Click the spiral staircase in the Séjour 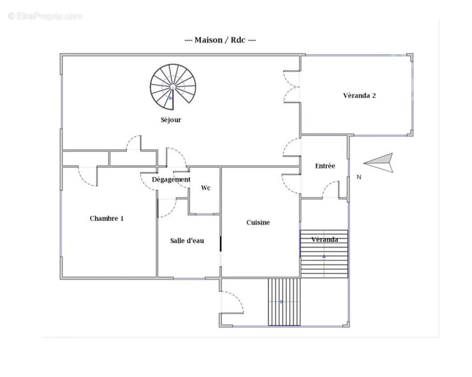click(173, 87)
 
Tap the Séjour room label click(171, 120)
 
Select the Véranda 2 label click(359, 96)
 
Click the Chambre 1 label click(106, 218)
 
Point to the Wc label click(205, 188)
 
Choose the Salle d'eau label click(187, 241)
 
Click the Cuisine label click(258, 222)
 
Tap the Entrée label click(325, 165)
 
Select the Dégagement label click(171, 180)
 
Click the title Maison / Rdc click(220, 40)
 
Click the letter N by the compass click(359, 177)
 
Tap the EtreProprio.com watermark click(45, 16)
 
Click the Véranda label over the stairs click(325, 240)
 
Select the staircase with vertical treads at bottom click(284, 302)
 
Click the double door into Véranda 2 click(292, 87)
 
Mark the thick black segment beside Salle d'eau click(220, 244)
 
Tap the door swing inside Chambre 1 click(87, 176)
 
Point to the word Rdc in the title click(238, 40)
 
